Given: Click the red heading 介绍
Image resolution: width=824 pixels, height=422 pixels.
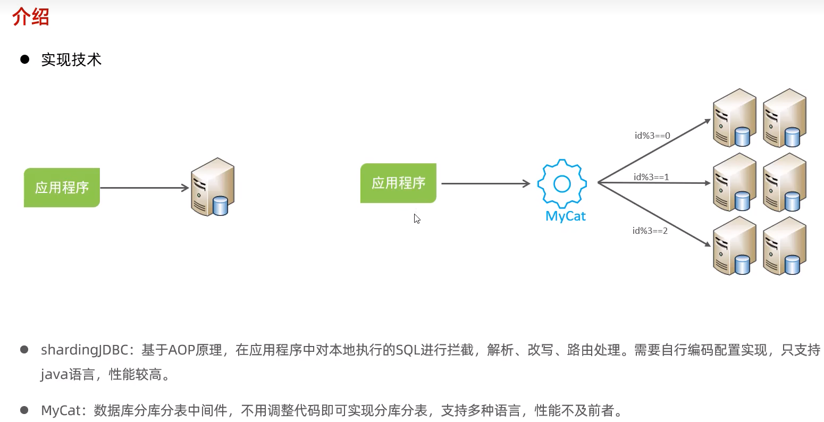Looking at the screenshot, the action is pos(30,16).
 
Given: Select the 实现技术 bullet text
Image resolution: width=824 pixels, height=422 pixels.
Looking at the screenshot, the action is pos(71,60).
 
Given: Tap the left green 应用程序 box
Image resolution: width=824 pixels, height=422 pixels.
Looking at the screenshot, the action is pos(62,188).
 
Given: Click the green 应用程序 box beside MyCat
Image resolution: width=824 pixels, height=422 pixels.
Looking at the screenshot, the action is pos(398,183).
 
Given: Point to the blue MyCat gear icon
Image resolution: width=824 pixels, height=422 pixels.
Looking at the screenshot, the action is pos(562,184).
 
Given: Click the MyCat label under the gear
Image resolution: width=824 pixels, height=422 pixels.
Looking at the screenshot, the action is pos(566,216).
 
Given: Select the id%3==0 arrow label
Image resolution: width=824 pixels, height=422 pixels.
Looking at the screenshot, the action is pos(652,136).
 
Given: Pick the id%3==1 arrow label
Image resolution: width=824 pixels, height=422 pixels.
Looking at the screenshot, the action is pos(651,177).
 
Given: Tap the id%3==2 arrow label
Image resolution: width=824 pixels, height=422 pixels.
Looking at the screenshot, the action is pos(650,231).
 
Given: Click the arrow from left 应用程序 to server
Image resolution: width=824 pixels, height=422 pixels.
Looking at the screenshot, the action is pos(144,188).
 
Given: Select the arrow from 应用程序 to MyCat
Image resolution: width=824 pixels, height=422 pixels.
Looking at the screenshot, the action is pos(485,184).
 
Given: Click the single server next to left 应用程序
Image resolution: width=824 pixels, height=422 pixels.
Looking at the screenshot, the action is pos(213,187).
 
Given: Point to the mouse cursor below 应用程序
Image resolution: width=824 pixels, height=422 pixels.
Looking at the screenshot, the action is pos(417,218).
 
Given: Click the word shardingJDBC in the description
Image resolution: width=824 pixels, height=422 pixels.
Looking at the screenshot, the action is pos(85,350).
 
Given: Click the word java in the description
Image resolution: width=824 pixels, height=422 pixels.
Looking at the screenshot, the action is pos(54,375).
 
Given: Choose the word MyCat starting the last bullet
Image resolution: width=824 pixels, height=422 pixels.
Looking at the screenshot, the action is pos(61,410).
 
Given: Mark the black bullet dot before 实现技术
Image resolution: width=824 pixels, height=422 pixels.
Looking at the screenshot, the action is pos(24,60).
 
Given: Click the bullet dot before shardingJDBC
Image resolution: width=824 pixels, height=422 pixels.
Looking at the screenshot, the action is pos(24,350).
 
